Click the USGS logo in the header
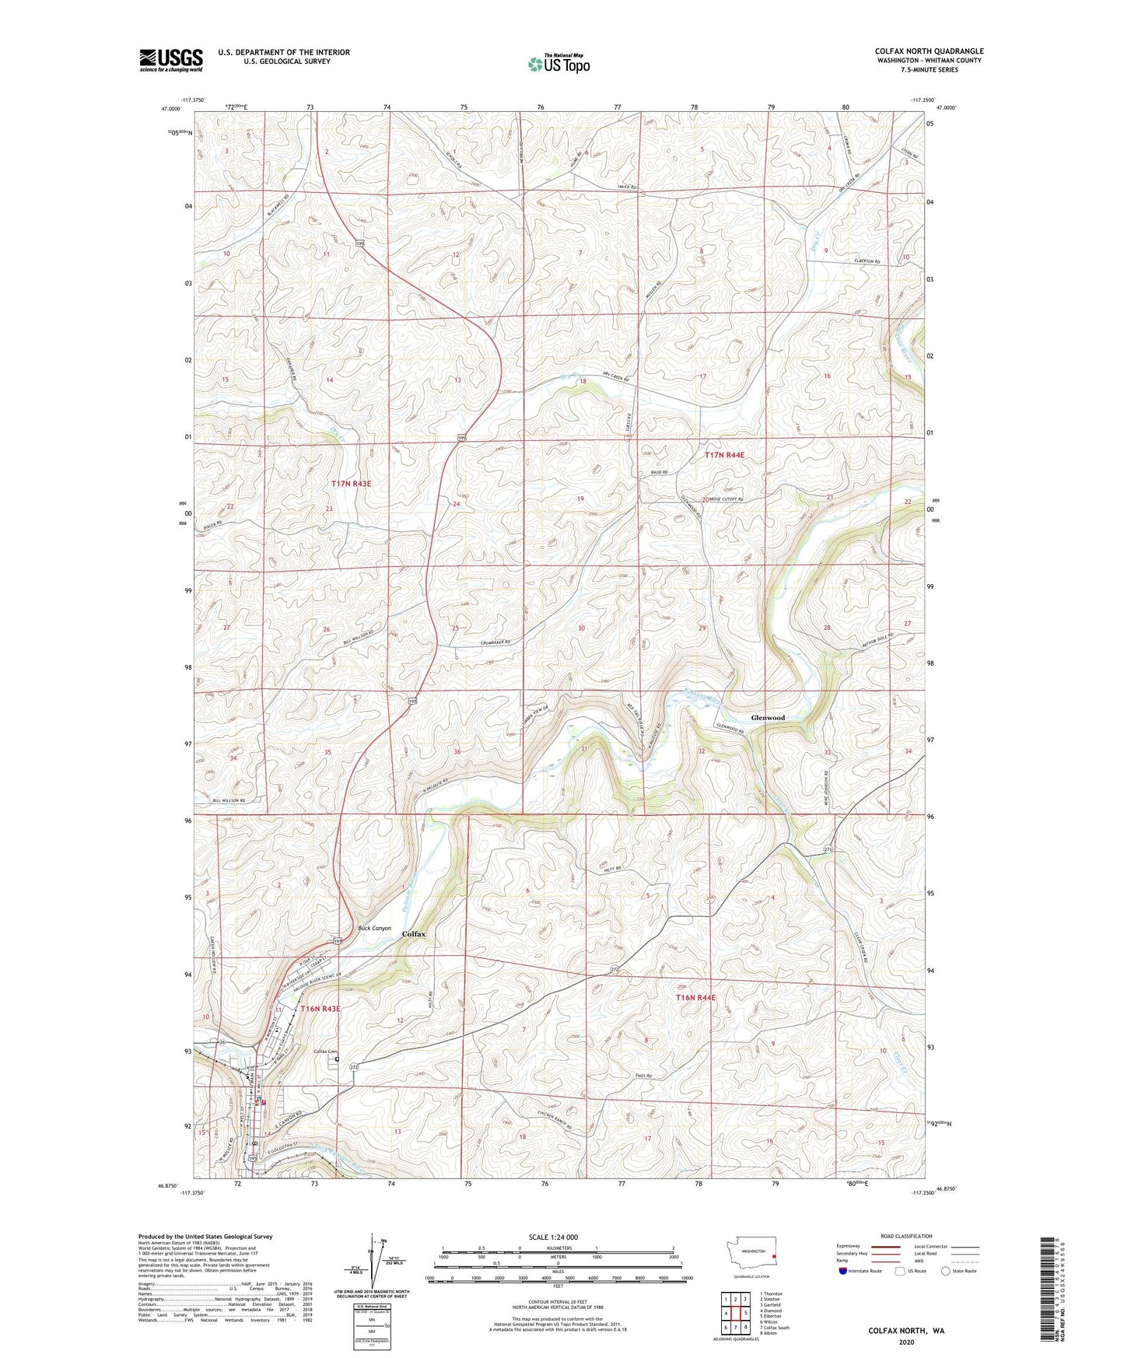point(171,60)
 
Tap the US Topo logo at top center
point(558,64)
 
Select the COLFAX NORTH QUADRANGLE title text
point(929,51)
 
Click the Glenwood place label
point(767,718)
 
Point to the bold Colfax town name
point(413,933)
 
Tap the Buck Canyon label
point(374,928)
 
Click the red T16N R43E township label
point(320,1009)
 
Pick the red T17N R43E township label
point(352,484)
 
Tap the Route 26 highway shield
point(222,1042)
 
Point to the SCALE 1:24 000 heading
point(552,1237)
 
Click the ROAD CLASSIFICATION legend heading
point(906,1236)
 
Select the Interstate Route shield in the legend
point(844,1271)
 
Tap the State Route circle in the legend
point(945,1271)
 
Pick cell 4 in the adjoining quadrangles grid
point(726,1314)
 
